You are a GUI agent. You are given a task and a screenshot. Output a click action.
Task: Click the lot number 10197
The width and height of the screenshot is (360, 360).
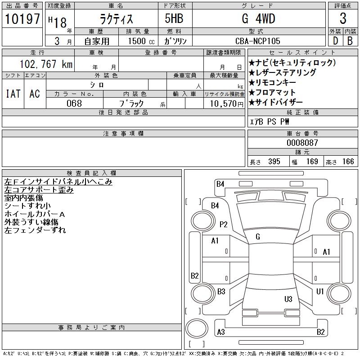(x=22, y=18)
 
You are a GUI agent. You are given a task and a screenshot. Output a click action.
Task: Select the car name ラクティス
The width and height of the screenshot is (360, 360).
(x=116, y=19)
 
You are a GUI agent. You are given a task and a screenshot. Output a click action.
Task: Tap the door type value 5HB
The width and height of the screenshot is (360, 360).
(x=174, y=18)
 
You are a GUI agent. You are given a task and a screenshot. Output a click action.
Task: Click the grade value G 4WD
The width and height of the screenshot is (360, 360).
(x=258, y=18)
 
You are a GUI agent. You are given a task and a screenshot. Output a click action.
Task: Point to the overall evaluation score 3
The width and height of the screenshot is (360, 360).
(x=343, y=18)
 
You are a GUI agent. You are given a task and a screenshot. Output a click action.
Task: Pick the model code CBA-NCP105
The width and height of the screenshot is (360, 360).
(x=257, y=41)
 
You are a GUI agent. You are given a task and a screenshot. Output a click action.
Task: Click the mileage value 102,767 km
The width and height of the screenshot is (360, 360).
(x=46, y=64)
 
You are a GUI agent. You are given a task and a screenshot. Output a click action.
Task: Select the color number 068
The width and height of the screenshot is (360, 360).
(x=74, y=103)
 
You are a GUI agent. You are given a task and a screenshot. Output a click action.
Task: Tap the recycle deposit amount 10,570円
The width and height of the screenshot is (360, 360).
(x=226, y=104)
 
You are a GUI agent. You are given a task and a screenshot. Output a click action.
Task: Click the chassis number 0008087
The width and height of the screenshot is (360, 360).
(x=302, y=143)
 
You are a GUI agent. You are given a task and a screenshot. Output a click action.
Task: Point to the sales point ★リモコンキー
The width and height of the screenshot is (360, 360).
(x=272, y=82)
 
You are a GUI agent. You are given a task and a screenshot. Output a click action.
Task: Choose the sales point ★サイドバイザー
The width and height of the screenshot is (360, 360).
(x=275, y=102)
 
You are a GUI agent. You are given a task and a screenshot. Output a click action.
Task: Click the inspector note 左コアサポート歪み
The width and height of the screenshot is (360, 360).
(x=39, y=190)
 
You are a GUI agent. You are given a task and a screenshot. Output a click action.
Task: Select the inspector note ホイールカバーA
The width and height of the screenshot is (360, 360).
(x=35, y=214)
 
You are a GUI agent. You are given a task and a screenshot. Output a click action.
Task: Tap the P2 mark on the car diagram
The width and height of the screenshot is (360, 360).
(x=223, y=224)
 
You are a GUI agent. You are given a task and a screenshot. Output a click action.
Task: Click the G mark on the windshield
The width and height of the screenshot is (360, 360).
(x=258, y=237)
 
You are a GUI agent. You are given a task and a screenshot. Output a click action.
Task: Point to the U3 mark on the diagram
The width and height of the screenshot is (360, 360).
(x=288, y=299)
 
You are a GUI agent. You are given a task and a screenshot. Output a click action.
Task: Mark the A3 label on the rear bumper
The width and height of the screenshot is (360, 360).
(x=221, y=332)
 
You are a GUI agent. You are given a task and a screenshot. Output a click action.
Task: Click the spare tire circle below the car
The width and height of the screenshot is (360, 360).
(x=197, y=329)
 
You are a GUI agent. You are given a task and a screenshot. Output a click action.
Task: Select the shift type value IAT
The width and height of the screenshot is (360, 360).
(x=13, y=94)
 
